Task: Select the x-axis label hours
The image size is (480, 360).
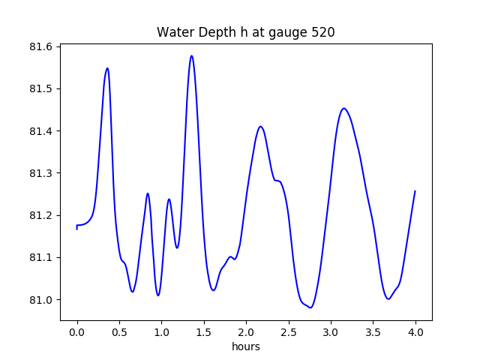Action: click(x=246, y=347)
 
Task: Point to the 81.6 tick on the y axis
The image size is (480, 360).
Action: click(x=41, y=46)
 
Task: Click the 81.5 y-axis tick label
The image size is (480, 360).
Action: click(x=41, y=89)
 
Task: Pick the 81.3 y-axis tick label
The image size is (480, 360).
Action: click(x=41, y=173)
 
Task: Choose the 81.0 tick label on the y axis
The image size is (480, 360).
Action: click(x=41, y=300)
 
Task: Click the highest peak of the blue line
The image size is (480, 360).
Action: click(x=192, y=55)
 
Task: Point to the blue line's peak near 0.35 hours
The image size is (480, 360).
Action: click(x=107, y=68)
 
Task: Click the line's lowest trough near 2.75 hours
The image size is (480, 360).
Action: click(x=310, y=307)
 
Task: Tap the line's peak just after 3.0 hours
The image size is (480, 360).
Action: click(x=343, y=108)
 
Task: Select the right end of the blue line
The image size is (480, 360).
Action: click(x=415, y=191)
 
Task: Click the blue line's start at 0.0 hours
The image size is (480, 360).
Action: click(x=76, y=226)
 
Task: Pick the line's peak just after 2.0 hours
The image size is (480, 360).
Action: click(x=260, y=126)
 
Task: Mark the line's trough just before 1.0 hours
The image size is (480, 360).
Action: click(x=158, y=295)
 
